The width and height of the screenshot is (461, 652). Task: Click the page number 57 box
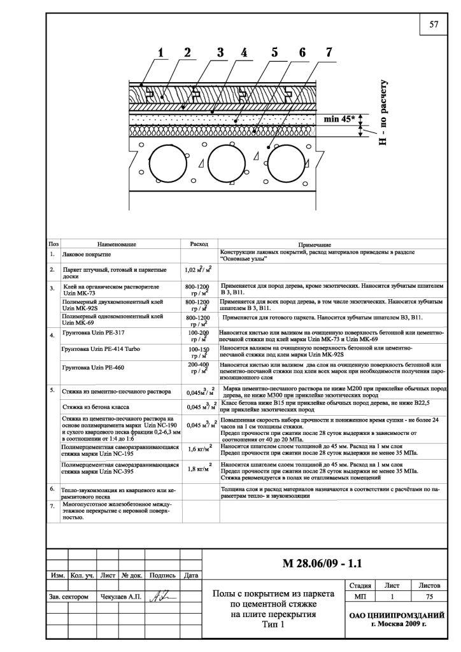434,25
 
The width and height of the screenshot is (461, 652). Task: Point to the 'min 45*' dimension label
339,118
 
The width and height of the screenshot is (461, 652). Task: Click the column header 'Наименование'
117,244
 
